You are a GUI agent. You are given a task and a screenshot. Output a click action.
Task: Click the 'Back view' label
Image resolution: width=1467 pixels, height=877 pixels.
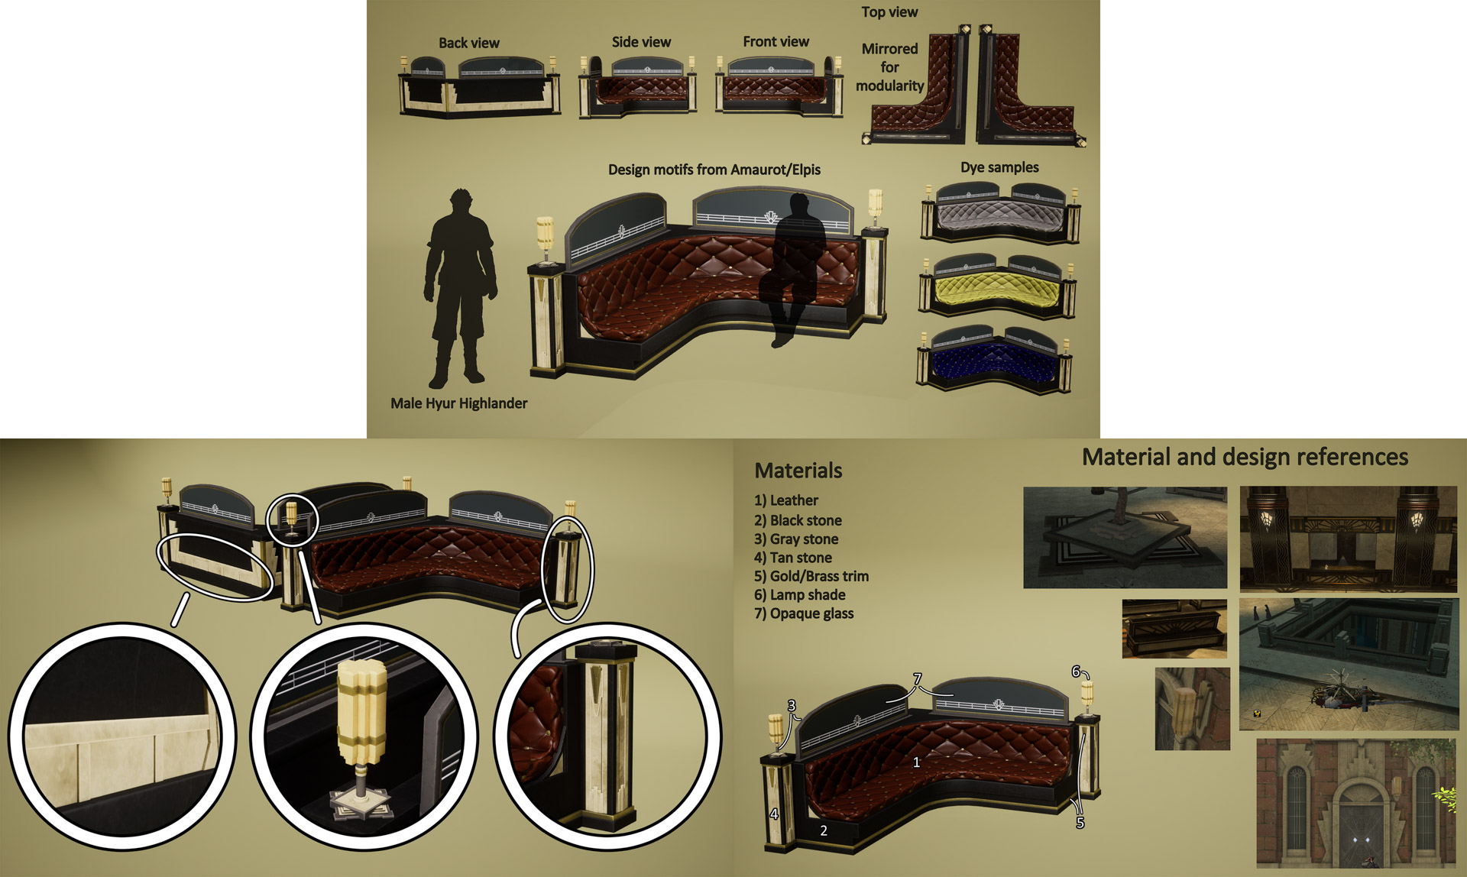point(468,44)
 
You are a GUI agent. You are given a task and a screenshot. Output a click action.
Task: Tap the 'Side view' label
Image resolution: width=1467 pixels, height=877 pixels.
point(641,42)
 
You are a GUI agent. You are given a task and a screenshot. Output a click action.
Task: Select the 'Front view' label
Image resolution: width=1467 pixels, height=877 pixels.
point(776,41)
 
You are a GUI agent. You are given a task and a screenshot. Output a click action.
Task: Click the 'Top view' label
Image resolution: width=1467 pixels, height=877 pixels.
point(889,11)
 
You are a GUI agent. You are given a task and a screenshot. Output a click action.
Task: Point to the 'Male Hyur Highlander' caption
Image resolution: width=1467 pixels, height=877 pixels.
point(458,403)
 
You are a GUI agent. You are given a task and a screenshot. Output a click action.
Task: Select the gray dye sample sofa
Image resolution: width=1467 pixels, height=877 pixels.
point(1000,213)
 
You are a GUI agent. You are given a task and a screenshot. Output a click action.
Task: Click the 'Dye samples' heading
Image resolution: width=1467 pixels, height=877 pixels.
point(999,167)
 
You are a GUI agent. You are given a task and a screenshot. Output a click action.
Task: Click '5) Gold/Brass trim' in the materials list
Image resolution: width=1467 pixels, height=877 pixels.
point(811,576)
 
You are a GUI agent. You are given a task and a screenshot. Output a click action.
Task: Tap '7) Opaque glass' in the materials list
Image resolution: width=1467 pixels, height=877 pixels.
point(804,613)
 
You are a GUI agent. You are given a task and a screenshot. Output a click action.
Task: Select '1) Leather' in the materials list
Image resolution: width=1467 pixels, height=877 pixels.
point(786,500)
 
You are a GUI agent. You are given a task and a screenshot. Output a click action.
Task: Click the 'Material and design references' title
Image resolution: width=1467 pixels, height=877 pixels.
point(1245,457)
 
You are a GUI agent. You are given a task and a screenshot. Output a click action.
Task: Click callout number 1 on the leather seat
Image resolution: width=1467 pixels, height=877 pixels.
point(916,762)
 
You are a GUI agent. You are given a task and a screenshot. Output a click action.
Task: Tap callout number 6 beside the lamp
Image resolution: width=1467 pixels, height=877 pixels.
point(1075,672)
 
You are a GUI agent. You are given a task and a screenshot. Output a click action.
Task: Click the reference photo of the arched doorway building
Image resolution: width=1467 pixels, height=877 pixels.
point(1356,804)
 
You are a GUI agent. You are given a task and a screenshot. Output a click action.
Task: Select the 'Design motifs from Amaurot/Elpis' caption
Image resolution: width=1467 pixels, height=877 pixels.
point(714,170)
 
